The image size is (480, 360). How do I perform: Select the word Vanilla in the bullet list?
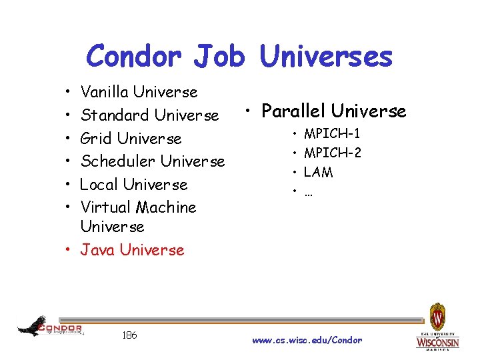point(105,92)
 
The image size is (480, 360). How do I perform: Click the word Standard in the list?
point(114,115)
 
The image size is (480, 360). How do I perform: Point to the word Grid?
point(96,139)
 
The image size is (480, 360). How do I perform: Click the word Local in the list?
point(99,184)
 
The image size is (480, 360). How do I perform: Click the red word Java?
point(97,250)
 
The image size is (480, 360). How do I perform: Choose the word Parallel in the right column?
point(294,111)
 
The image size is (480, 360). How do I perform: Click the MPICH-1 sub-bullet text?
point(333,135)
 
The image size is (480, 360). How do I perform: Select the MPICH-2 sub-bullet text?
point(333,153)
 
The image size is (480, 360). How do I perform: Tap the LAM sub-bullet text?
point(318,172)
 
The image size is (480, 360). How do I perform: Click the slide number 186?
point(130,335)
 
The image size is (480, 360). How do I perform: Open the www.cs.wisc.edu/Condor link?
point(307,340)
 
